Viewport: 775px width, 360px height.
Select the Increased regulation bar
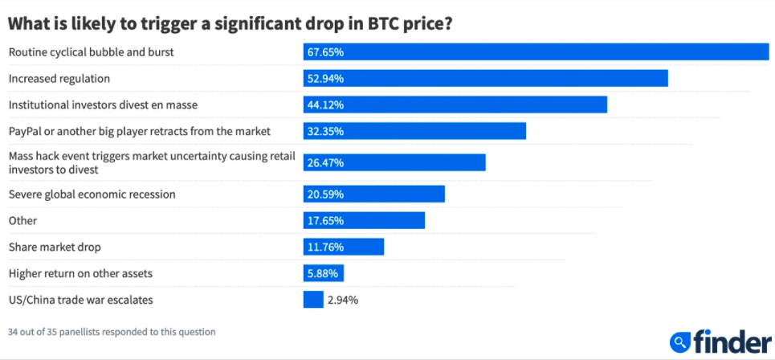[x=485, y=78]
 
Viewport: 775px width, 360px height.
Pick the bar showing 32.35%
[x=414, y=131]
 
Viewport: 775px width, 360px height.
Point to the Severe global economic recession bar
[x=373, y=194]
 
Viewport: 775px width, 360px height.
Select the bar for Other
[x=363, y=220]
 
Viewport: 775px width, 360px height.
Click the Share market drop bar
[x=343, y=247]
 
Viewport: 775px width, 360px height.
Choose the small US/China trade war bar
[x=313, y=300]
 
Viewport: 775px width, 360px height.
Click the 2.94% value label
[x=343, y=300]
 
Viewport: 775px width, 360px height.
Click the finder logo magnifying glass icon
[x=680, y=342]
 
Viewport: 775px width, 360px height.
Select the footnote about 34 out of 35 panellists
[x=112, y=331]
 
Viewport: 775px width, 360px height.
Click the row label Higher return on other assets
[x=80, y=273]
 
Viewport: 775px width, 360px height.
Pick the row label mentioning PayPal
[x=139, y=131]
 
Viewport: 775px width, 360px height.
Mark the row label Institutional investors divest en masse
[x=102, y=104]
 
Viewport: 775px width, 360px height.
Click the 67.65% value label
[x=325, y=52]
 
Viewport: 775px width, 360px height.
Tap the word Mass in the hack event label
[x=22, y=155]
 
